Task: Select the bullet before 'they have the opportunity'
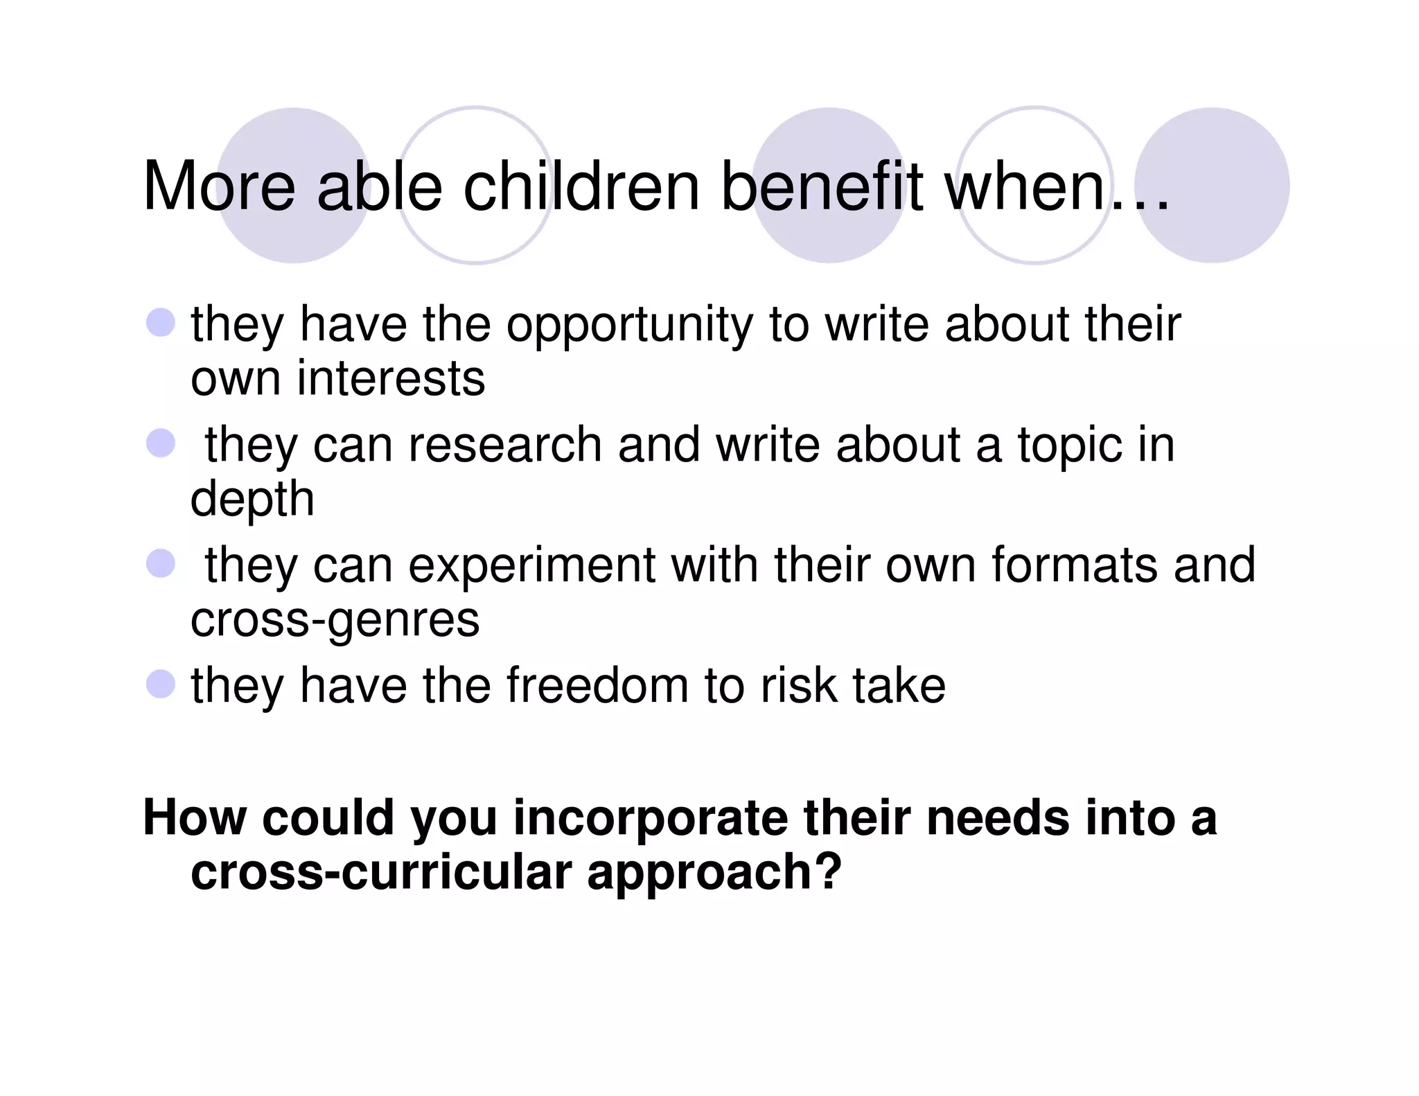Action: click(161, 323)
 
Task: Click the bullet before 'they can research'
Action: click(161, 443)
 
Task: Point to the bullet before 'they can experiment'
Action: click(161, 563)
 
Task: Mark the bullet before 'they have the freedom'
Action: click(161, 684)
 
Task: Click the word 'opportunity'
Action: click(629, 326)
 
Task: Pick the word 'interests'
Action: click(391, 379)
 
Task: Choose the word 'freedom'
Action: click(597, 686)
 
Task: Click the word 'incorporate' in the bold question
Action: click(650, 818)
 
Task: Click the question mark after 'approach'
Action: click(829, 872)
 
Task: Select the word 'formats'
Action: click(1074, 565)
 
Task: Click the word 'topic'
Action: click(1069, 446)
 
